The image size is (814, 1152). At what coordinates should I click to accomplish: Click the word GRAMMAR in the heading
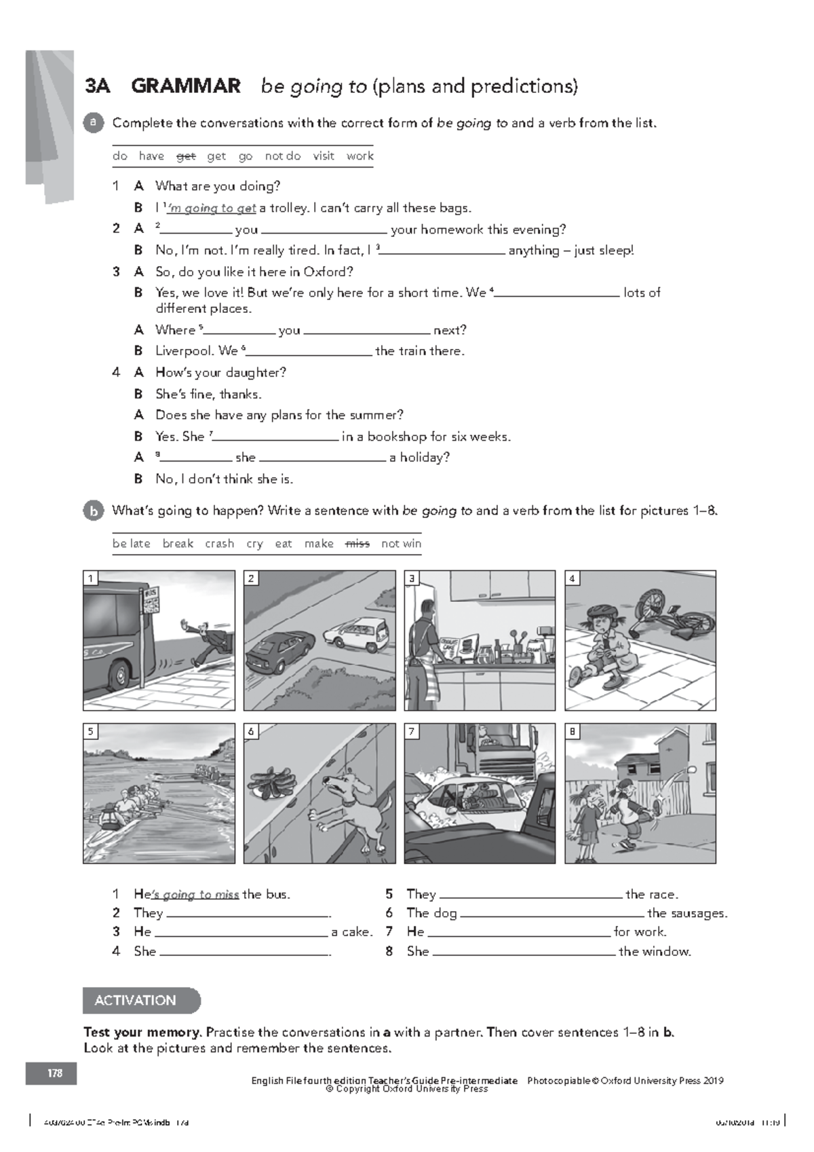186,86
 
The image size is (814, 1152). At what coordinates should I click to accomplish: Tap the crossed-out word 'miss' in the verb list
357,544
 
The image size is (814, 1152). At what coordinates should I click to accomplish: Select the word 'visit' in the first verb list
324,156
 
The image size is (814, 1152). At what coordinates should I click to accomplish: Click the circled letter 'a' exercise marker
94,122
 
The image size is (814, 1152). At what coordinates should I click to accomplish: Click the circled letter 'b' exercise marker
94,511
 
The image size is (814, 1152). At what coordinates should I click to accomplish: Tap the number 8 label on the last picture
573,731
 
